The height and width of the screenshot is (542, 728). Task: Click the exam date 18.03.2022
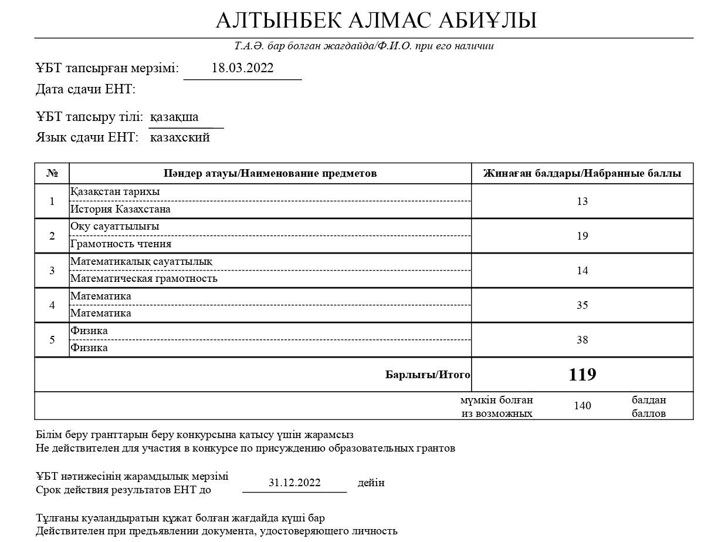click(x=242, y=68)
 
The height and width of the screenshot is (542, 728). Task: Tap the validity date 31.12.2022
click(x=294, y=483)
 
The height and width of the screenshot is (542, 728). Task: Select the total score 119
click(x=582, y=375)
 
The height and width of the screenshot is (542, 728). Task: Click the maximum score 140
click(x=582, y=406)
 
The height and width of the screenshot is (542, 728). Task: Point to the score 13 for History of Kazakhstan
click(x=582, y=201)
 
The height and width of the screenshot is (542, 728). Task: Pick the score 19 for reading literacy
click(x=582, y=235)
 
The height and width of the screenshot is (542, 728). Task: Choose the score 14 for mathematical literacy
click(x=582, y=270)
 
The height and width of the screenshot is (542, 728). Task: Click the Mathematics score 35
click(x=582, y=305)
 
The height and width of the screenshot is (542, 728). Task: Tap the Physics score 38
click(x=582, y=339)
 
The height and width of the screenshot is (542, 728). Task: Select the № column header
click(x=52, y=173)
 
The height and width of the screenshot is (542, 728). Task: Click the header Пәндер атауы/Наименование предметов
click(x=270, y=173)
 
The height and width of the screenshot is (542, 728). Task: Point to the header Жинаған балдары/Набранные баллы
click(x=582, y=173)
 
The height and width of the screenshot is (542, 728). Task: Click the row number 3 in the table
click(x=52, y=270)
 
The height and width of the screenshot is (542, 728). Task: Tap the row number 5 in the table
click(x=52, y=339)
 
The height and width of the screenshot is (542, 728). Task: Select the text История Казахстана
click(x=120, y=209)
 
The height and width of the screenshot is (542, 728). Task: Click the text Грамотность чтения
click(x=121, y=244)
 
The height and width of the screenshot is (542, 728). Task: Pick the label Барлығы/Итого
click(x=428, y=375)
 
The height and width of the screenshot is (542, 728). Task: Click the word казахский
click(x=180, y=137)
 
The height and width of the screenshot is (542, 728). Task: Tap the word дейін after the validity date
click(x=371, y=483)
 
